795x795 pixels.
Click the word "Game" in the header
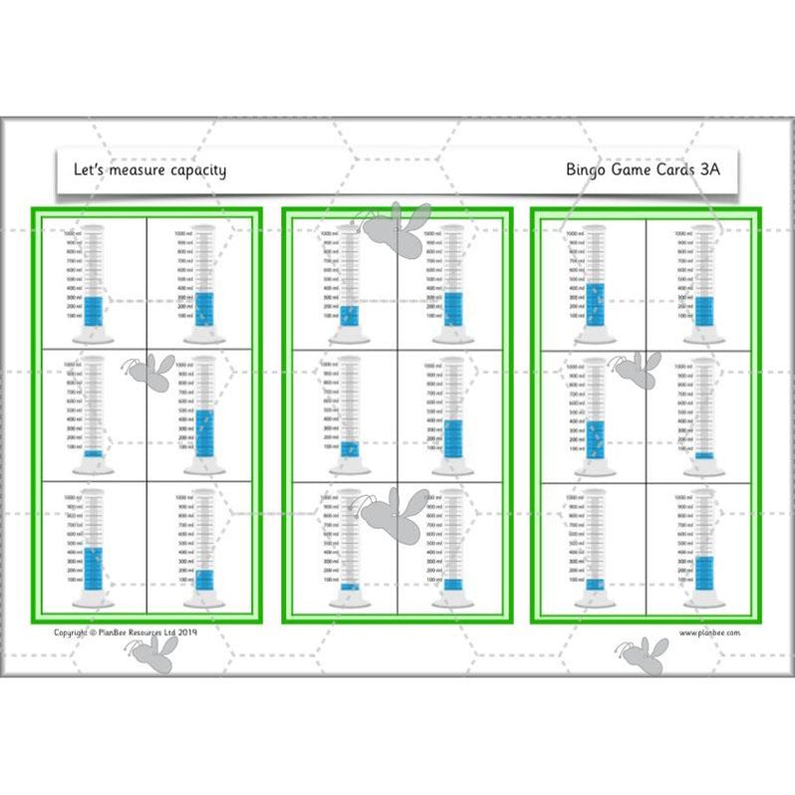tap(636, 170)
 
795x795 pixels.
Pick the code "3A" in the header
tap(709, 170)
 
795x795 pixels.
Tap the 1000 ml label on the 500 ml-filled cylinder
tap(183, 366)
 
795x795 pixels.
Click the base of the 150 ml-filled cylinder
tap(349, 469)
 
